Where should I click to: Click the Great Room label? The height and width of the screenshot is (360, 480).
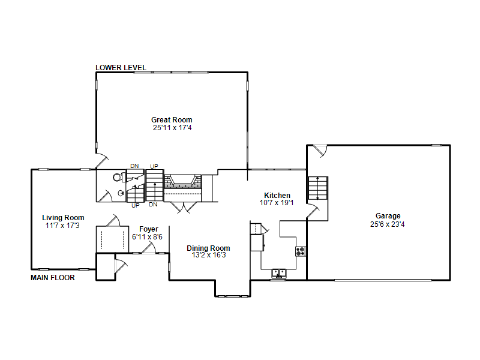[172, 119]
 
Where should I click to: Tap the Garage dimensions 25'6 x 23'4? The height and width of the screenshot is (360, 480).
[387, 224]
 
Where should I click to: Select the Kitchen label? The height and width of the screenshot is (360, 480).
[277, 196]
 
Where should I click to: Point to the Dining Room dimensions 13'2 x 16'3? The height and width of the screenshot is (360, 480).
[209, 255]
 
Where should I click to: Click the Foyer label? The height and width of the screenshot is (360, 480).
[148, 229]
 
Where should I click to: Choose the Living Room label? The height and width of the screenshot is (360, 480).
[63, 218]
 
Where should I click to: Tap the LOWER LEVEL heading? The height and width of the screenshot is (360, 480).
[121, 68]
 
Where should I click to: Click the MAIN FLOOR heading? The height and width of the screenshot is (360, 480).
[53, 278]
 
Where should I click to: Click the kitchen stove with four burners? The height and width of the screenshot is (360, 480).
[301, 251]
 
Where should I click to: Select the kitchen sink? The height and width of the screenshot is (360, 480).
[279, 273]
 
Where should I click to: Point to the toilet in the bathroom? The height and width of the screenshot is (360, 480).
[119, 177]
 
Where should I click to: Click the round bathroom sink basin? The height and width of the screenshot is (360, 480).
[121, 193]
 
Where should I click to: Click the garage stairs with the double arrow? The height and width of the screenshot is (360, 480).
[318, 188]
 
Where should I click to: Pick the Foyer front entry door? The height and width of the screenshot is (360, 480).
[149, 248]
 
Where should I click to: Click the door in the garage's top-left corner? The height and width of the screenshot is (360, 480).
[321, 151]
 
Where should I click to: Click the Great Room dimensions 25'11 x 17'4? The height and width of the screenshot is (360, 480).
[172, 128]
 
